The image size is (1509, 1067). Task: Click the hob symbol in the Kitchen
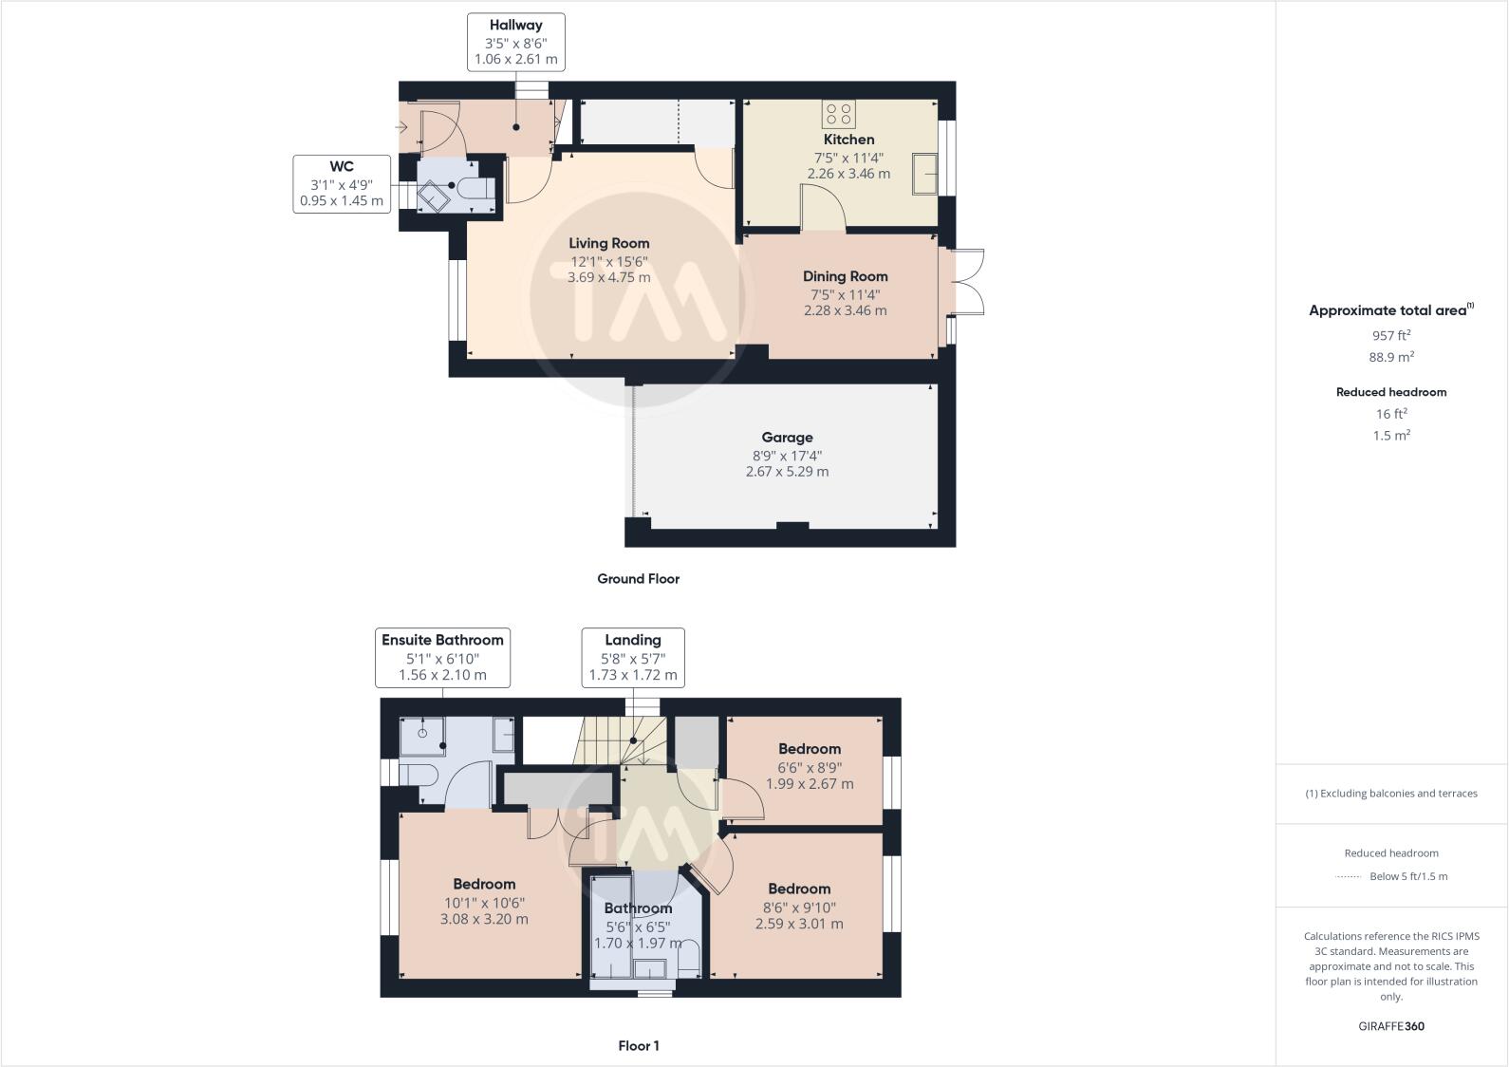tap(839, 114)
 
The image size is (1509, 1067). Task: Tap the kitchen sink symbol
tap(924, 174)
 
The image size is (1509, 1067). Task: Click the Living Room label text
tap(609, 243)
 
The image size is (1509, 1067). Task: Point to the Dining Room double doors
tap(964, 282)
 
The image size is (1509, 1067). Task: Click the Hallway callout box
tap(516, 42)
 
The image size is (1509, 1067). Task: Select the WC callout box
tap(342, 183)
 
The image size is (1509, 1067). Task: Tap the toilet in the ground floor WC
tap(475, 189)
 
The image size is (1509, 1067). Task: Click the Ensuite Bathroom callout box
tap(442, 657)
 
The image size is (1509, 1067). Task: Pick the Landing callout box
tap(633, 657)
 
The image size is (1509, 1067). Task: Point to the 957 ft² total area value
tap(1391, 335)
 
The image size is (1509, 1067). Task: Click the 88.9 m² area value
tap(1391, 357)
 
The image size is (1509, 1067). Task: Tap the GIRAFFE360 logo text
tap(1391, 1026)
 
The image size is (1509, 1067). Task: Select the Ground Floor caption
tap(638, 578)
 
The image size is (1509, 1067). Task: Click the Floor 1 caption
tap(638, 1045)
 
